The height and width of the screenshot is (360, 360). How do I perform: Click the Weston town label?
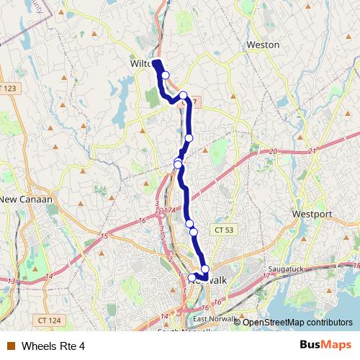[x=263, y=45]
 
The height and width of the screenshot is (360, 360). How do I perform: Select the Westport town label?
[x=312, y=214]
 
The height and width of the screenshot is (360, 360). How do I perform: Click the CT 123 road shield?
[x=9, y=88]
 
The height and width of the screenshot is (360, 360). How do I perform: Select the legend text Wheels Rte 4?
[x=53, y=346]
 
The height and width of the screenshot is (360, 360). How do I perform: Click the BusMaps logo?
[x=325, y=346]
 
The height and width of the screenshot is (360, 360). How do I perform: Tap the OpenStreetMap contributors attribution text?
[x=296, y=323]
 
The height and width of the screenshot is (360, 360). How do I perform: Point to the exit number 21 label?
[x=312, y=151]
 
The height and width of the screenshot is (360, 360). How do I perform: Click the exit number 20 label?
[x=273, y=151]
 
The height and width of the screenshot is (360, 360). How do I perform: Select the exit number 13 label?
[x=11, y=281]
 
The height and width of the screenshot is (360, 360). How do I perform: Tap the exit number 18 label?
[x=357, y=266]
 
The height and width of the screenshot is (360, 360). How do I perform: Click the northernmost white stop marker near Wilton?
[x=166, y=75]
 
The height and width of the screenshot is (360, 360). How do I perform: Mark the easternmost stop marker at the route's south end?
[x=205, y=269]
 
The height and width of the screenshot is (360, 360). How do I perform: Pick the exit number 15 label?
[x=104, y=236]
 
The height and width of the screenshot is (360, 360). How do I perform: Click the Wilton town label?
[x=140, y=63]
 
